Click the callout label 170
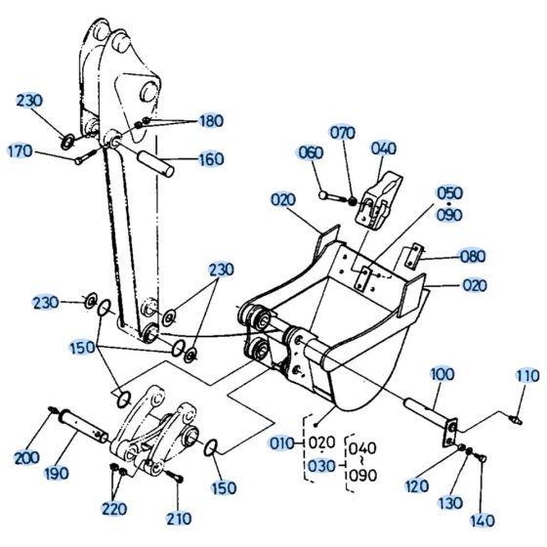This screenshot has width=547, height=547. pos(21,151)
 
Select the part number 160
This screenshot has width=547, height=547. pos(211,159)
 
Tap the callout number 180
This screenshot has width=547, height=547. pos(211,121)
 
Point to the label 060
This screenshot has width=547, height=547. pos(310,151)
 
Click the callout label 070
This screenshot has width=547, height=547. pos(342,132)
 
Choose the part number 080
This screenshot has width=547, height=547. pos(473,257)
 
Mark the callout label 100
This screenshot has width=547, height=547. pos(442,374)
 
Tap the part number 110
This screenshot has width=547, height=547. pos(526,376)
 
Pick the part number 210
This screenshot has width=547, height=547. pos(179,518)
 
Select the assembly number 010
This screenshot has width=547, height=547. pos(282,442)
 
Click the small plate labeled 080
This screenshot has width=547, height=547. pos(412,256)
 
